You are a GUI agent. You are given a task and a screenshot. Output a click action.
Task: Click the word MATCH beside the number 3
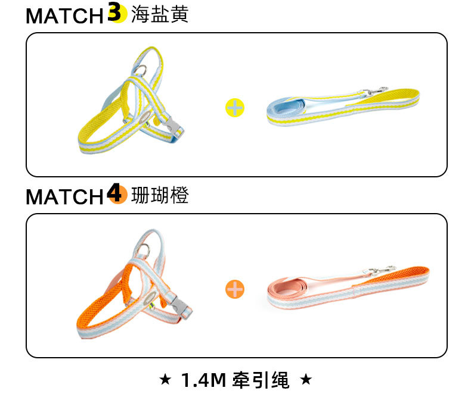[x=64, y=16]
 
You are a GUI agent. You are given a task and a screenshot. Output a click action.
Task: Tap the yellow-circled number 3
[x=116, y=13]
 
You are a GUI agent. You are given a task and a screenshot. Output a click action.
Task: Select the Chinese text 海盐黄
[x=159, y=14]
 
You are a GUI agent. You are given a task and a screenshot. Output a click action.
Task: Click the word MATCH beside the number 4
[x=64, y=196]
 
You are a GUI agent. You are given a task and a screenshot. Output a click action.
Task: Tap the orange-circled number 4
[x=117, y=193]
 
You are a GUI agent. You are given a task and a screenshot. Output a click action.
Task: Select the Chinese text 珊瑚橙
[x=159, y=195]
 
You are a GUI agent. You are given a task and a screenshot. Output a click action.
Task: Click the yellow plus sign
[x=235, y=108]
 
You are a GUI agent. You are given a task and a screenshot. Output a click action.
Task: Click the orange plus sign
[x=235, y=289]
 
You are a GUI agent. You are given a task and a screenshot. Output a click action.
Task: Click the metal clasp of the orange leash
[x=382, y=271]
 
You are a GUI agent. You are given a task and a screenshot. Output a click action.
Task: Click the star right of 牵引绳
[x=306, y=379]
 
